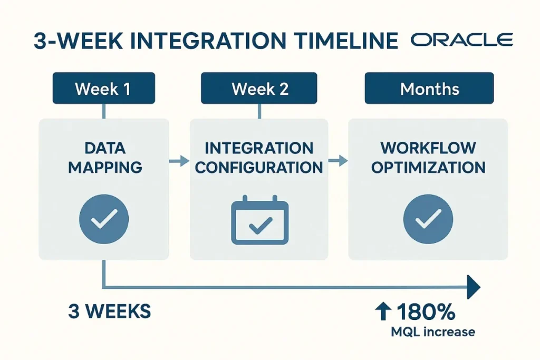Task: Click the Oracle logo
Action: click(461, 41)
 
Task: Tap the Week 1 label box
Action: click(103, 89)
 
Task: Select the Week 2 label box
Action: click(259, 89)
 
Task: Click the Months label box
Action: click(429, 89)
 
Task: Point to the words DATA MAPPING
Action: click(104, 157)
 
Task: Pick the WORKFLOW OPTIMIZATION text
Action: click(428, 157)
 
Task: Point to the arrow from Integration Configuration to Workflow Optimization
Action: click(338, 161)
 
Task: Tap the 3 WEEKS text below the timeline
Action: click(110, 311)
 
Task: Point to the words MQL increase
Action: click(432, 332)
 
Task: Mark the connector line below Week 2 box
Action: click(259, 111)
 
